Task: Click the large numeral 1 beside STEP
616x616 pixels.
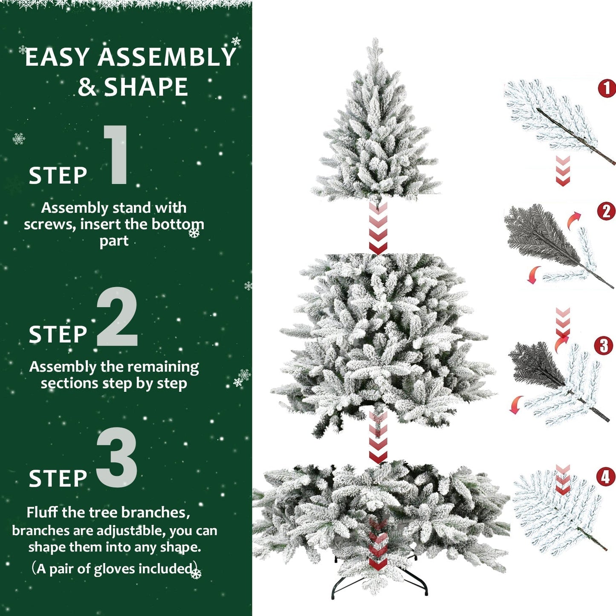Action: point(116,155)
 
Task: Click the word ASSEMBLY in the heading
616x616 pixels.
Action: point(167,58)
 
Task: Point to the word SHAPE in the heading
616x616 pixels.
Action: point(146,87)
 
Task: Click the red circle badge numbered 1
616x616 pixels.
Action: point(607,89)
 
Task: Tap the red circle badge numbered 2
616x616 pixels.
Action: point(606,211)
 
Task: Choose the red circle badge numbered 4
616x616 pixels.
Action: point(606,477)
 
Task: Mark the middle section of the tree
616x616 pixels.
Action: point(382,337)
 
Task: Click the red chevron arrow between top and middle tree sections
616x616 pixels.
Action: point(378,228)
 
